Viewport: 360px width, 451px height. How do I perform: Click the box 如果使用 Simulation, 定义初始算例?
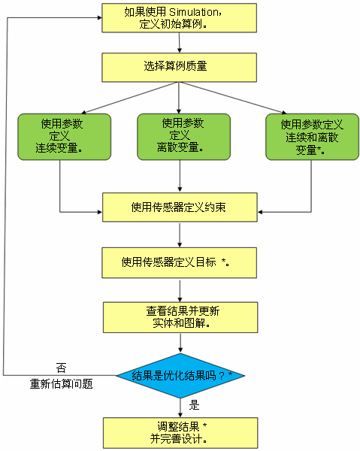coord(179,18)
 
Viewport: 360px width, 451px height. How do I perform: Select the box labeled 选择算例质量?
coord(179,68)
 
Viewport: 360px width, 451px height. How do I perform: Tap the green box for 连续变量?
coord(65,137)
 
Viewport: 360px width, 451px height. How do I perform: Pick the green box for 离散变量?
coord(183,137)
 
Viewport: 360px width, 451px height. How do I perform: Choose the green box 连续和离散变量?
coord(312,137)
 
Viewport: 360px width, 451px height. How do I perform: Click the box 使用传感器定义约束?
coord(180,207)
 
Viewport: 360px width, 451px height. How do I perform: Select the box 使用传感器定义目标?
coord(179,263)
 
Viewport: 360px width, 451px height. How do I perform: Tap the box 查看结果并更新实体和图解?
coord(180,317)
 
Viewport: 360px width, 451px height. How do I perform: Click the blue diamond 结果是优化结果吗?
coord(180,376)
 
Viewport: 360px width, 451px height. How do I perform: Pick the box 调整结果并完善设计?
coord(180,433)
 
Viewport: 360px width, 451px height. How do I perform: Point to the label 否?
coord(61,368)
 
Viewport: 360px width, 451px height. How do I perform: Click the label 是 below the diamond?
coord(194,405)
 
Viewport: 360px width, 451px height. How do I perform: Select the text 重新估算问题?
coord(61,384)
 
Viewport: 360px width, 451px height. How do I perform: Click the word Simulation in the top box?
coord(194,12)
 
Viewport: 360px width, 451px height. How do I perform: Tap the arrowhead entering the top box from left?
coord(99,18)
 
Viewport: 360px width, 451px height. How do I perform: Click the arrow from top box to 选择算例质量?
coord(180,43)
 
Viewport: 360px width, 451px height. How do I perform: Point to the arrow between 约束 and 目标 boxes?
coord(180,235)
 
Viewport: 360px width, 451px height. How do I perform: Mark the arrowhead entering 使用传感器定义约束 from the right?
coord(260,212)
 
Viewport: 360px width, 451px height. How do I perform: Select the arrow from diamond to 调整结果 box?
coord(180,408)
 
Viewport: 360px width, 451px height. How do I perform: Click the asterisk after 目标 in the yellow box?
coord(223,261)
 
